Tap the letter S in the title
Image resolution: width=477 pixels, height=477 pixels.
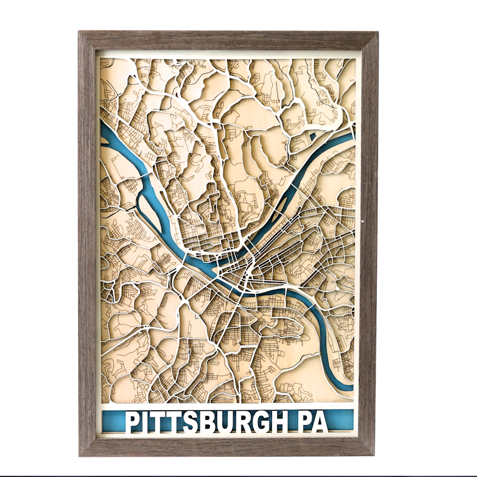(x=190, y=422)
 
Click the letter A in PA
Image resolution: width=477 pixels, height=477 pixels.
(x=320, y=422)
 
